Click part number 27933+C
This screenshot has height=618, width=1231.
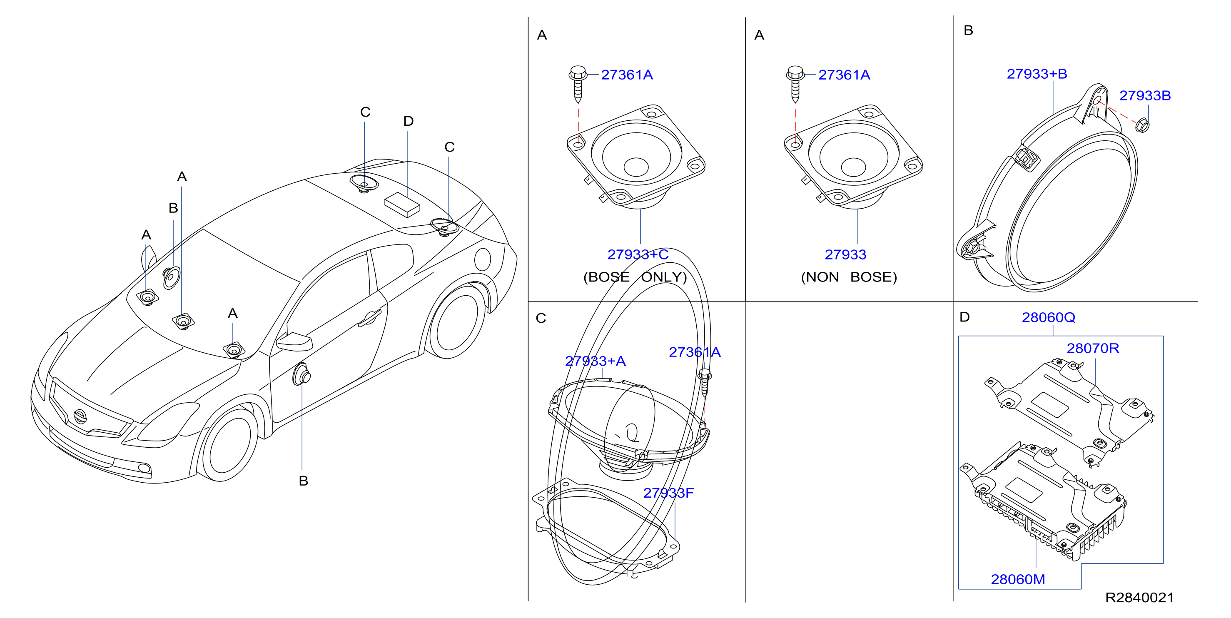638,254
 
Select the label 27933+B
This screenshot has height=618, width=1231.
1037,74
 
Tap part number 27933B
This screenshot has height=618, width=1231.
1144,96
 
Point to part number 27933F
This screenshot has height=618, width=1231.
668,493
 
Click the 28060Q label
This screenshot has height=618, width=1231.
1048,317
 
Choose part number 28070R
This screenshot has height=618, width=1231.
1092,348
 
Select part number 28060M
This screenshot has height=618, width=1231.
1017,579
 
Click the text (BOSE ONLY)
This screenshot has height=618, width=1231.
635,277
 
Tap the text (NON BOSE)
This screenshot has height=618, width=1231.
849,277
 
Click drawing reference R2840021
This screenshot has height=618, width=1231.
1139,598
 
